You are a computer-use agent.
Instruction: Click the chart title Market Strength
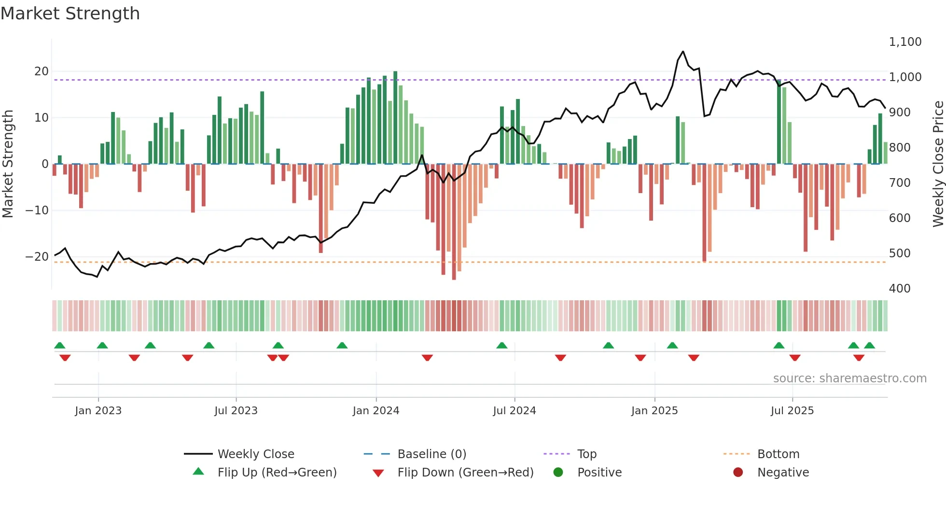click(x=70, y=14)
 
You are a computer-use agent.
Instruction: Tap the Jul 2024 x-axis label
click(x=514, y=411)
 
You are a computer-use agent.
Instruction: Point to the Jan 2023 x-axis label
click(x=98, y=411)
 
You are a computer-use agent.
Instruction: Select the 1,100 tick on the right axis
click(x=905, y=42)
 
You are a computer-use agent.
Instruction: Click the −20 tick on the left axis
click(x=37, y=257)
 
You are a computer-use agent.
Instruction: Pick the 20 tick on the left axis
click(x=42, y=71)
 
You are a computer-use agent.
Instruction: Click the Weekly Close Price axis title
click(x=938, y=164)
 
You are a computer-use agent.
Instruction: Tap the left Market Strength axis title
click(x=8, y=164)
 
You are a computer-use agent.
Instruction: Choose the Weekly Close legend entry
click(x=255, y=454)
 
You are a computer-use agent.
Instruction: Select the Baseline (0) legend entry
click(x=431, y=454)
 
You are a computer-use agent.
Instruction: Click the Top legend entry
click(x=586, y=454)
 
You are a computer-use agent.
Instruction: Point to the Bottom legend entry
click(x=778, y=454)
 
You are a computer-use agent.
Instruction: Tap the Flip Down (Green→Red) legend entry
click(x=465, y=473)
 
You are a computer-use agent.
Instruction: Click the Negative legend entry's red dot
click(x=738, y=472)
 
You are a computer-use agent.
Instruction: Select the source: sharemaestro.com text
click(x=849, y=378)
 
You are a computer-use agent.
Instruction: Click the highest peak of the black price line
click(x=683, y=52)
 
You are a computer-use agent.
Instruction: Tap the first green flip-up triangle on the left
click(x=60, y=345)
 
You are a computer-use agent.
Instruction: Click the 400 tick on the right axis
click(x=900, y=289)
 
